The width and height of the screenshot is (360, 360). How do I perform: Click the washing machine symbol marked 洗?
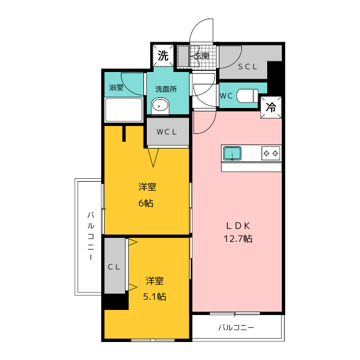(163, 56)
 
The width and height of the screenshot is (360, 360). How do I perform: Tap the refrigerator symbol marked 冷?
(271, 107)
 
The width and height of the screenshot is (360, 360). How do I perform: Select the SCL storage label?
(247, 66)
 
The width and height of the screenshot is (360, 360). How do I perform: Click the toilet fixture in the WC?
(247, 96)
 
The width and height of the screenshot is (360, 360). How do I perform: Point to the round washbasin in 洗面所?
(160, 106)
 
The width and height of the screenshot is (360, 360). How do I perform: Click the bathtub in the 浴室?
(124, 110)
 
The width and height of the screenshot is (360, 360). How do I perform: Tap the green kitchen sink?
(232, 154)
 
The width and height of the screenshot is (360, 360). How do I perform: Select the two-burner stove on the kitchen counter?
(271, 153)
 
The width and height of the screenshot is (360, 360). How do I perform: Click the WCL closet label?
(166, 132)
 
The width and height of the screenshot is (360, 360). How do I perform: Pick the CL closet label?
(114, 267)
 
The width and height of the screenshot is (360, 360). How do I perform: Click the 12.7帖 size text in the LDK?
(238, 238)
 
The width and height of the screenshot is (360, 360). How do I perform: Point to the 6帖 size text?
(146, 203)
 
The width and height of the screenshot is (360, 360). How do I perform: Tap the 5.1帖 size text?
(155, 296)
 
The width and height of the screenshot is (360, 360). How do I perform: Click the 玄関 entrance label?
(201, 56)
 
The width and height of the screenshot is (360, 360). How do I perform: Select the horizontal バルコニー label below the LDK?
(236, 327)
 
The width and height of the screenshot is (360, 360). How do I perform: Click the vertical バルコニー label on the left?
(91, 236)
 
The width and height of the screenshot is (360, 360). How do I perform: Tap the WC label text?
(226, 96)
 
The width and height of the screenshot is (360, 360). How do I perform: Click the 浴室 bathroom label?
(116, 87)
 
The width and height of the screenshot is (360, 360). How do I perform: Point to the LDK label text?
(238, 226)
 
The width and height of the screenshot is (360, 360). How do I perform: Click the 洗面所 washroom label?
(166, 89)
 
